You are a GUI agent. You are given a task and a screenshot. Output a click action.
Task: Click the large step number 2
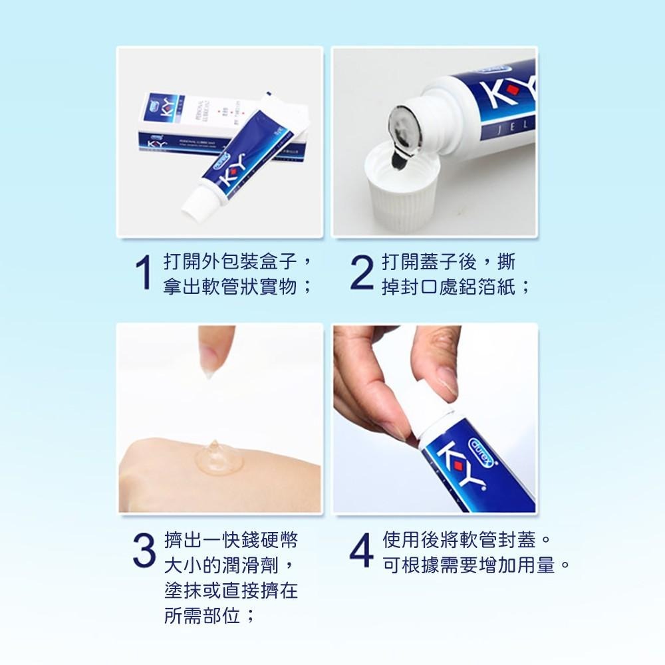[362, 274]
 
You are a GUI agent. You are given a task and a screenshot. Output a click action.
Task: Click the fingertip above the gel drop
[211, 352]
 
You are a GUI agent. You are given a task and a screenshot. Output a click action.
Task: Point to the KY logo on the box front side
[160, 146]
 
